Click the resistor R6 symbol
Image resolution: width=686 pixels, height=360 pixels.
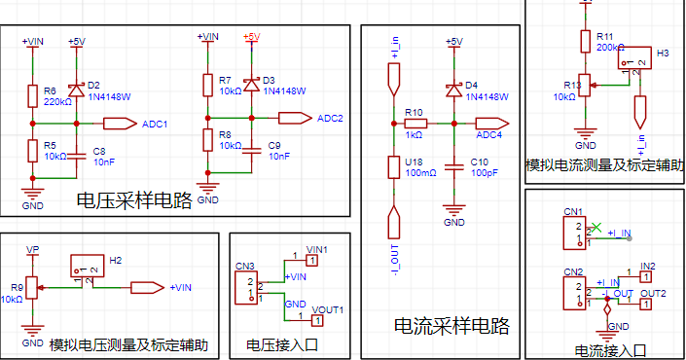tap(33, 96)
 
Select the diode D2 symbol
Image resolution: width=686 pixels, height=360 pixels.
tap(77, 90)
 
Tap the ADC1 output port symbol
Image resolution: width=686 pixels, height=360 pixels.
tap(121, 124)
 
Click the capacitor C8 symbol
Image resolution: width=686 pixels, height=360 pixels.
tap(77, 156)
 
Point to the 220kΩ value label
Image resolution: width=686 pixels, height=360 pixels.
tap(57, 102)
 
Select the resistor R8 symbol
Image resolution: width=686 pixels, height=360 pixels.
tap(208, 140)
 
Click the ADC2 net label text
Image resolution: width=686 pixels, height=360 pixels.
tap(330, 119)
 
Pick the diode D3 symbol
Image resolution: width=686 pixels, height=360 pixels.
tap(252, 85)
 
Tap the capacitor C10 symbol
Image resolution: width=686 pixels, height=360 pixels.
tap(454, 167)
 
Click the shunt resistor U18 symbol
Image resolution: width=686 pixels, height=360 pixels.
tap(394, 167)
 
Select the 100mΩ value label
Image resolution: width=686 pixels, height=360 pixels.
tap(421, 173)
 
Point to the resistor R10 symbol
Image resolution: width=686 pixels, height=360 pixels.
tap(415, 124)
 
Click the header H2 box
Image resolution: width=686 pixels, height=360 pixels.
tap(88, 266)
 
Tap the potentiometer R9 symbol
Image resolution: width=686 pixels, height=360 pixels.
tap(33, 288)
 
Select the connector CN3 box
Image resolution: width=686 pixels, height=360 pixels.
tap(246, 288)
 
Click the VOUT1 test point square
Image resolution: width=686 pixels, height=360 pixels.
tap(317, 321)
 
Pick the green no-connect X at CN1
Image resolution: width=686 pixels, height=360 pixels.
tap(596, 228)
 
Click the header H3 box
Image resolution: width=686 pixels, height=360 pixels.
tap(634, 58)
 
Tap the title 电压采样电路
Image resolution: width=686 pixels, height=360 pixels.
tap(134, 200)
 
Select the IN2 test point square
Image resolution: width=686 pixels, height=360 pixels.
tap(646, 277)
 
